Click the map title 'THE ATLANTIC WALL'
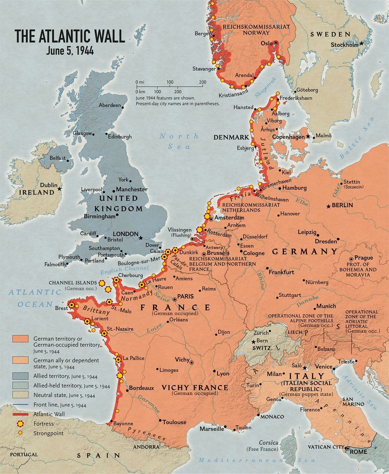(x=70, y=36)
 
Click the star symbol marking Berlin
(x=328, y=206)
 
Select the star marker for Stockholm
(x=362, y=43)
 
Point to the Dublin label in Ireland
(x=48, y=185)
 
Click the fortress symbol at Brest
(x=72, y=305)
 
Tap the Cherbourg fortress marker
(x=116, y=280)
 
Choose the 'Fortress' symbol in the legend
(x=20, y=424)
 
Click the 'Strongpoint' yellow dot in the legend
(x=20, y=433)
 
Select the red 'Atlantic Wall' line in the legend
(x=20, y=414)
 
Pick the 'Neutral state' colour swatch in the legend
(x=20, y=395)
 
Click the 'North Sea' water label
(x=179, y=141)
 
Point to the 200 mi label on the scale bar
(x=202, y=82)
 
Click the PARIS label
(x=185, y=296)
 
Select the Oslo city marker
(x=276, y=43)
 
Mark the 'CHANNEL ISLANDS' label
(x=72, y=283)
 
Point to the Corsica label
(x=268, y=442)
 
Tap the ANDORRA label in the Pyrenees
(x=146, y=447)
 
